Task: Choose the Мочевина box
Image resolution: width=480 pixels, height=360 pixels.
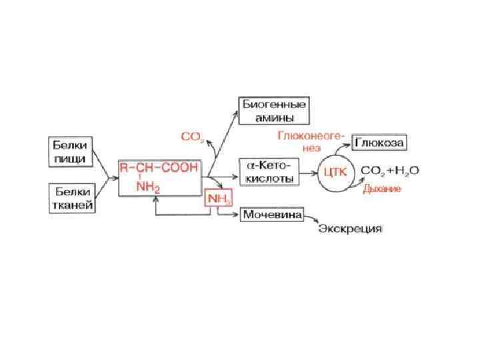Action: tap(272, 215)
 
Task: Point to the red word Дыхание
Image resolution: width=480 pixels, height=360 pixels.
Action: tap(382, 189)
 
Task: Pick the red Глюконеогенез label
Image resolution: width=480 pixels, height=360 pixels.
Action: tap(310, 141)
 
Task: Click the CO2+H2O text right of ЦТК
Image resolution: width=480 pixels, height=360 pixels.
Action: tap(390, 171)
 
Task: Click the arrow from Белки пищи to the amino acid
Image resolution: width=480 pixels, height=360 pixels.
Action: tap(103, 163)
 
